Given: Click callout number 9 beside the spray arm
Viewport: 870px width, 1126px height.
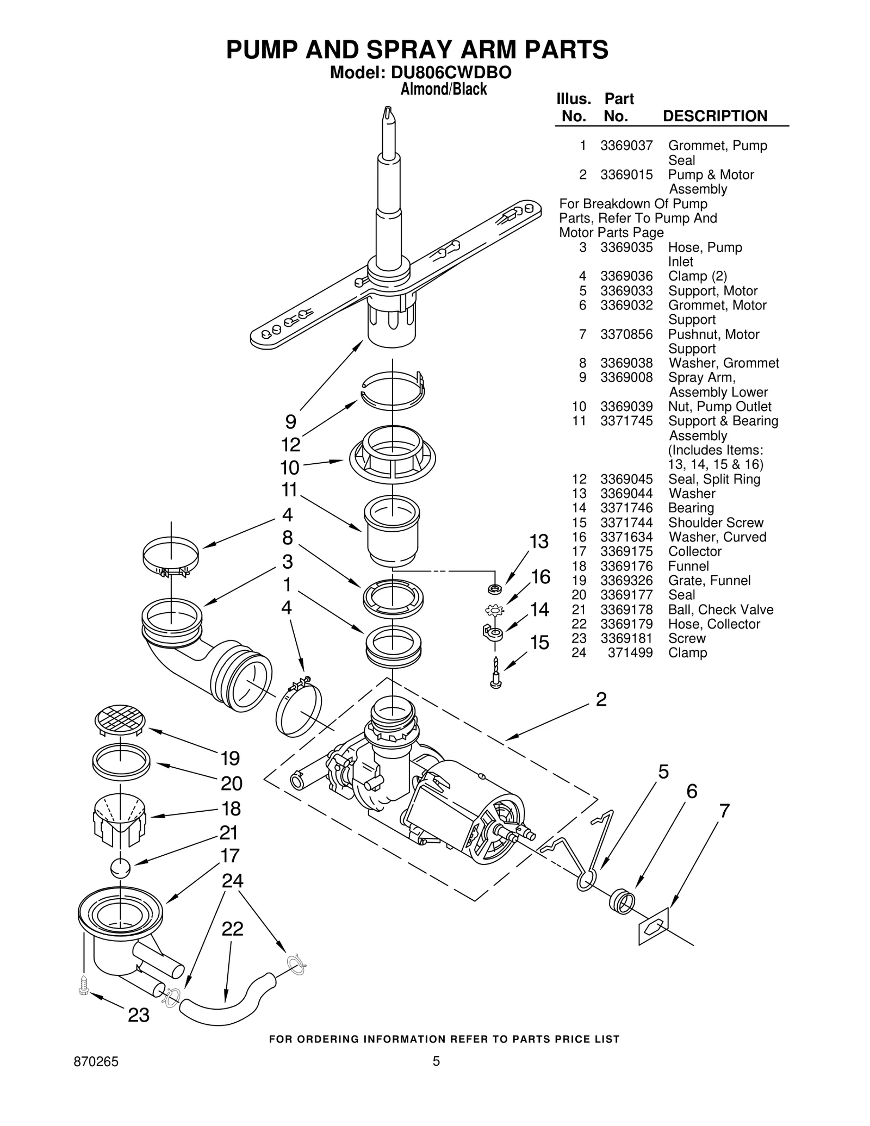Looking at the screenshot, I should [x=291, y=422].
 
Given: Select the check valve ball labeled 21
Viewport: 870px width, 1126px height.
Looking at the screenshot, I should [x=120, y=868].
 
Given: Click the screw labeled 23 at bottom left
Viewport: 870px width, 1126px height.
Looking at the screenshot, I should [x=84, y=985].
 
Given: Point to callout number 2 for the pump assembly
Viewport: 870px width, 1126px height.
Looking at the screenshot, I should [x=601, y=699].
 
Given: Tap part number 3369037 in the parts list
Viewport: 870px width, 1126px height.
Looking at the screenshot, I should [x=626, y=146].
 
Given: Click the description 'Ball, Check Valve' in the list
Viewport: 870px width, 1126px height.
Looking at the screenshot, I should [x=720, y=609].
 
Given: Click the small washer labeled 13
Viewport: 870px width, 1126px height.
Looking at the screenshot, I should [x=495, y=588].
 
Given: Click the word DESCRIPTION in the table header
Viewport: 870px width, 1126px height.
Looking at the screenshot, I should [x=715, y=116].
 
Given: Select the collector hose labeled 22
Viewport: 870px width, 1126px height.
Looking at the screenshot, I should [x=228, y=1006].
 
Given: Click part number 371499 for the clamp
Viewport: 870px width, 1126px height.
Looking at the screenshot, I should [x=630, y=653].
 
